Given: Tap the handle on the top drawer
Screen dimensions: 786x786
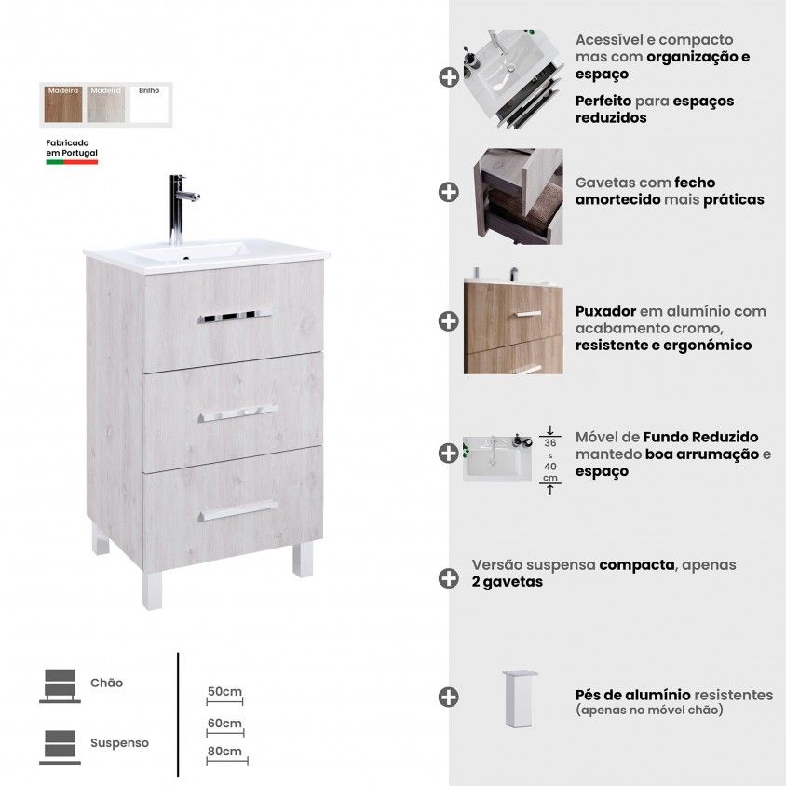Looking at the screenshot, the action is click(235, 317).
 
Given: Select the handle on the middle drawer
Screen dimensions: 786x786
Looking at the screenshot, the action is click(237, 413).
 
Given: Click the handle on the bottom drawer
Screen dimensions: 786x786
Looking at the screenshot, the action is click(237, 510).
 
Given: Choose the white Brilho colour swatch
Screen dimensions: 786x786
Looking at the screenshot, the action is click(149, 104).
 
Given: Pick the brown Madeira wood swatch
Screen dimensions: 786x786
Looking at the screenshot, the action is click(63, 104).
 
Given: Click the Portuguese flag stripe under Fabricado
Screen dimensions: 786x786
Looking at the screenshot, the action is click(72, 162).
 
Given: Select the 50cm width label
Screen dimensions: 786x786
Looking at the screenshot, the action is click(224, 691).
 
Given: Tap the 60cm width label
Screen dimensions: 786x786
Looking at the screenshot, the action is click(224, 724).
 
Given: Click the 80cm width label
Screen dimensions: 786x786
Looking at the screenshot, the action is click(224, 751).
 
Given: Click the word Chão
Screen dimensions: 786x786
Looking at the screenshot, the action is click(107, 683).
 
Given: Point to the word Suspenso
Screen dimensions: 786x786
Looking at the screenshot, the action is click(119, 743).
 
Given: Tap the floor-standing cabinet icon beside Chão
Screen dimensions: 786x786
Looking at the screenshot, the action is click(60, 685).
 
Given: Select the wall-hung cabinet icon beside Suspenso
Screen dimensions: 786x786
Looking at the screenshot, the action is click(60, 747).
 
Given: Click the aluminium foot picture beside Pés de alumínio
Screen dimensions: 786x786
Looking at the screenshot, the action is click(520, 698).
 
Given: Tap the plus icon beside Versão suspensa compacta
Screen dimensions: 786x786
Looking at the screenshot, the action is click(449, 578).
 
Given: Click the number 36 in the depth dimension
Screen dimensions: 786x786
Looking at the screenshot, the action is click(549, 443).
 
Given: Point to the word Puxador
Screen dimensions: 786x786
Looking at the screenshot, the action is click(605, 311).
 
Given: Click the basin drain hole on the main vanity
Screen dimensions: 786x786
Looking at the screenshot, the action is click(185, 259).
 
